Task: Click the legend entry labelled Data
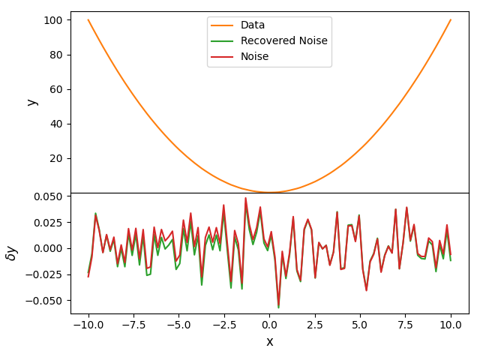pyautogui.click(x=253, y=25)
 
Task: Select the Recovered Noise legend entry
pyautogui.click(x=284, y=40)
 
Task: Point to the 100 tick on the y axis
pyautogui.click(x=53, y=20)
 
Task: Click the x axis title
pyautogui.click(x=270, y=342)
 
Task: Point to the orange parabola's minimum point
pyautogui.click(x=270, y=193)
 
